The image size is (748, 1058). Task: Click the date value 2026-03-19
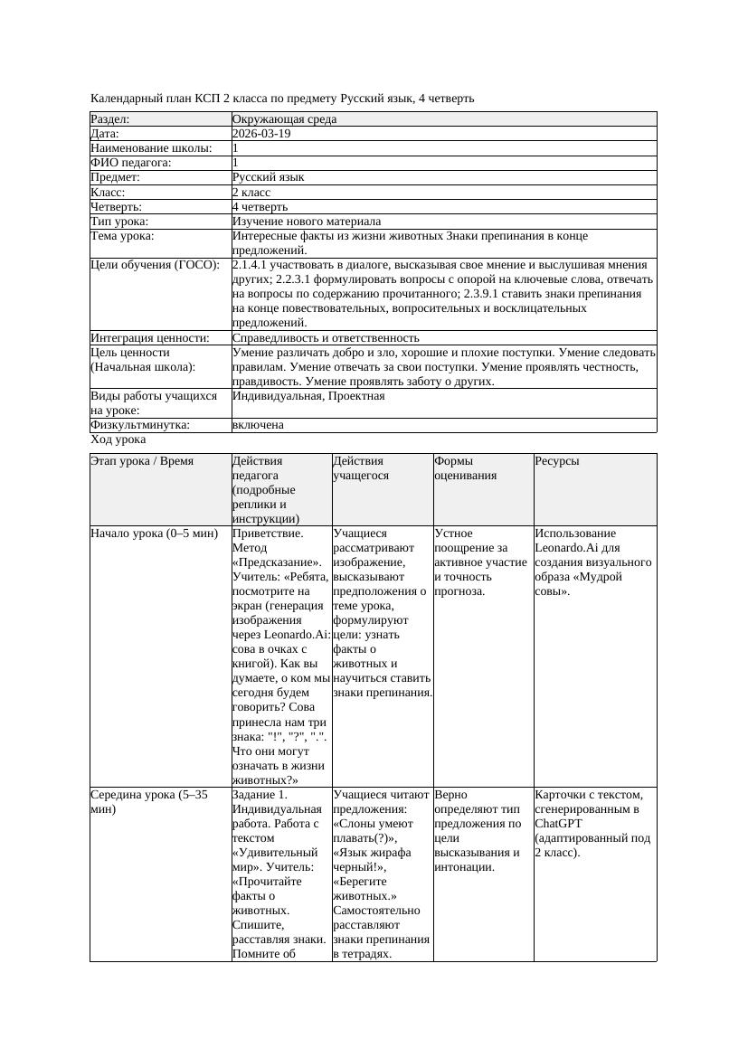(261, 134)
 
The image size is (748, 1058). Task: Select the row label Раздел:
(110, 119)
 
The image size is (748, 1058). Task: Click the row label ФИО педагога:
(131, 163)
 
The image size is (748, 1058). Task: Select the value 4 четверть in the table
(262, 206)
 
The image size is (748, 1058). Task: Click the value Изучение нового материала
(307, 222)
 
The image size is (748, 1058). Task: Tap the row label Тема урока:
(123, 236)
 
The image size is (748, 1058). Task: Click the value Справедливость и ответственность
(326, 338)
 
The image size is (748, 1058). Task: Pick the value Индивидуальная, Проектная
(308, 396)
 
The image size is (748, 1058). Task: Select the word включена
(258, 425)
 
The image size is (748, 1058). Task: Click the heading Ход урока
(118, 439)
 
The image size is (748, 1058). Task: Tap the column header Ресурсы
(557, 461)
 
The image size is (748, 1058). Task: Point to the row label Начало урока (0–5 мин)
(155, 534)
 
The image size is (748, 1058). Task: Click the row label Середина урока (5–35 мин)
(149, 801)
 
